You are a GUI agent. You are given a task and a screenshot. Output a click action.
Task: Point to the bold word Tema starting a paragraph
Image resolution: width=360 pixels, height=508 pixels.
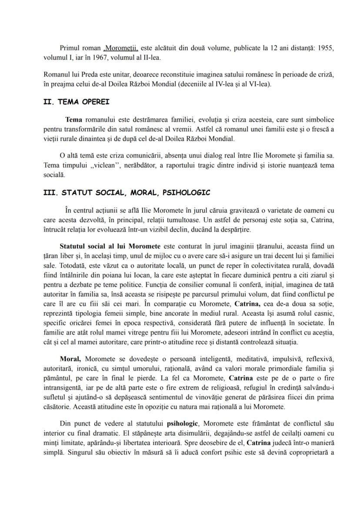(74, 119)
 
